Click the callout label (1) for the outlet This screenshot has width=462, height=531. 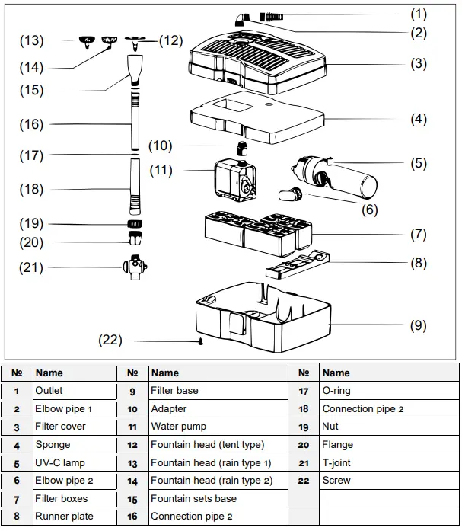419,14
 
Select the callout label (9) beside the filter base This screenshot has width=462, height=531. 419,325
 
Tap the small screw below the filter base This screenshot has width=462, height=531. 200,342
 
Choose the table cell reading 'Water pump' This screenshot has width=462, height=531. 178,427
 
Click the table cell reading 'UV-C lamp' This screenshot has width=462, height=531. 61,462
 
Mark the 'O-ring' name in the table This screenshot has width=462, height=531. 339,391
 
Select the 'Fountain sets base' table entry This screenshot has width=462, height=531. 193,499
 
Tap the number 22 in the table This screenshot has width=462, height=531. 304,481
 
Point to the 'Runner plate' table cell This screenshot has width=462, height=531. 64,517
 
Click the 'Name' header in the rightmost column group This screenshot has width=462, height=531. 336,373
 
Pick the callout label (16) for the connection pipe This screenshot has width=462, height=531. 32,124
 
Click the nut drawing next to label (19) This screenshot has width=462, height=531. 135,225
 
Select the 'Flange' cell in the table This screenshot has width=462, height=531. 338,445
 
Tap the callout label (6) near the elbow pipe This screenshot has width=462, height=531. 370,210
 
